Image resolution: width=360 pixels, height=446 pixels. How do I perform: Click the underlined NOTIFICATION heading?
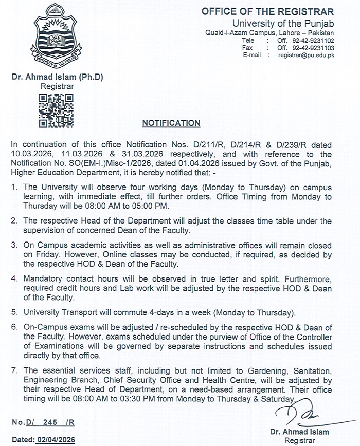coord(171,123)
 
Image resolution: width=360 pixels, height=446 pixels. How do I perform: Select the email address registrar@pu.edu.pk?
coord(307,54)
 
